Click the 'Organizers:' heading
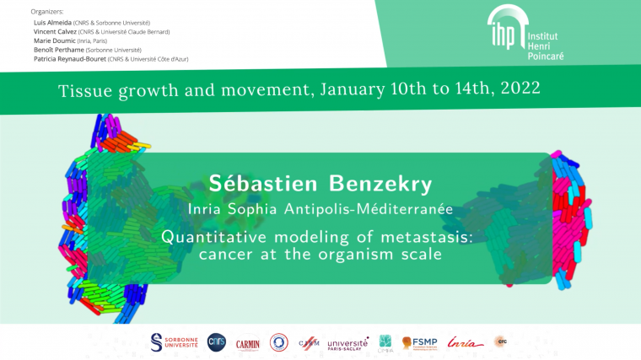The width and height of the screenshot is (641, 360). (x=46, y=12)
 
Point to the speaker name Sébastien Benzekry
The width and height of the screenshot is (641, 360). (x=320, y=184)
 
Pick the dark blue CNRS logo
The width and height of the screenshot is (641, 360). (x=217, y=341)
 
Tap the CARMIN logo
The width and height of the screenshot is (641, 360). (x=248, y=343)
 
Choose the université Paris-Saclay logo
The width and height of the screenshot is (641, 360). (x=347, y=343)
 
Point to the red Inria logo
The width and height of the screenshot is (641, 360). (x=466, y=342)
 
